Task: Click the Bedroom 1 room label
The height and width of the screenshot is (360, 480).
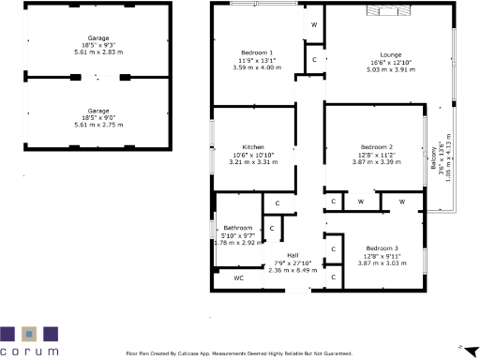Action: pyautogui.click(x=257, y=52)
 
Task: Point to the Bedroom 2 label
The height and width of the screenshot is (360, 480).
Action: pyautogui.click(x=375, y=147)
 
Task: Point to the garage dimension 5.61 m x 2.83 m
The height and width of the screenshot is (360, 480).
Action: pyautogui.click(x=98, y=52)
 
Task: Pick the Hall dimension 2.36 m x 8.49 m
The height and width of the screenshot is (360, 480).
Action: pyautogui.click(x=292, y=270)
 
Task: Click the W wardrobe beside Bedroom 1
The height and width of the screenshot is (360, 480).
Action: pyautogui.click(x=314, y=23)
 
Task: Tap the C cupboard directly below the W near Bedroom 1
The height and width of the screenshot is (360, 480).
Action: pyautogui.click(x=314, y=59)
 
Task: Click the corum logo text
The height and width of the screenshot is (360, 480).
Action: pyautogui.click(x=29, y=351)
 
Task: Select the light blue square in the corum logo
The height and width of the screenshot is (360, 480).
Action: pyautogui.click(x=29, y=334)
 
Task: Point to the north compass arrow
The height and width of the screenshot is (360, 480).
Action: pyautogui.click(x=460, y=346)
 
